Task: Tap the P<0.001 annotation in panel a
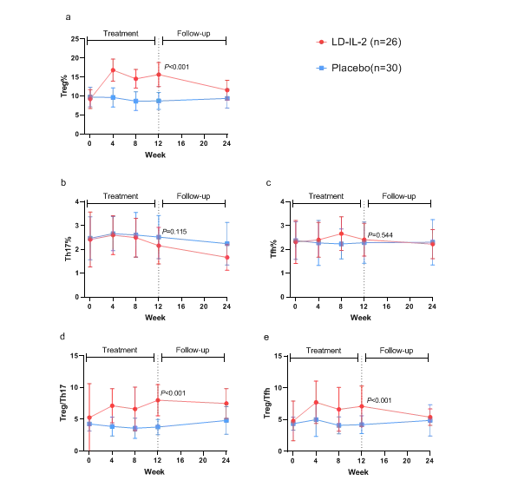click(176, 67)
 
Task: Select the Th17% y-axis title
click(65, 239)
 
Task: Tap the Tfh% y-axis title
click(271, 239)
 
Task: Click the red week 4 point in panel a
click(113, 70)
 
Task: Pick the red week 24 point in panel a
click(226, 89)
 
